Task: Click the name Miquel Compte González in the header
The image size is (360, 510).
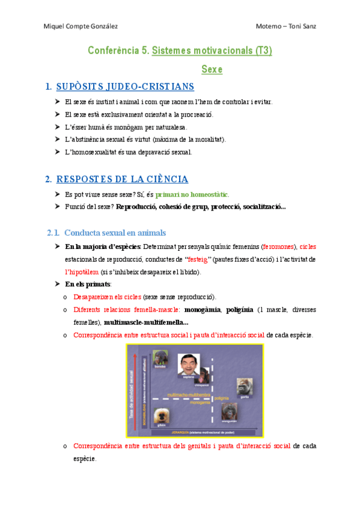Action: [x=81, y=26]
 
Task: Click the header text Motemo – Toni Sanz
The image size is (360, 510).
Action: [x=285, y=26]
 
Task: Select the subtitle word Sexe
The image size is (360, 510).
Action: [x=212, y=70]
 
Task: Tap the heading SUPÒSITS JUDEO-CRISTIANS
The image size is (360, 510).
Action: [x=125, y=87]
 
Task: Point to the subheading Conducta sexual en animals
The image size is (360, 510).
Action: [x=115, y=233]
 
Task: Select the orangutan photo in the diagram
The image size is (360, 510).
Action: [x=230, y=411]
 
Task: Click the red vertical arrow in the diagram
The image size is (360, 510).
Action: [x=136, y=391]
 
